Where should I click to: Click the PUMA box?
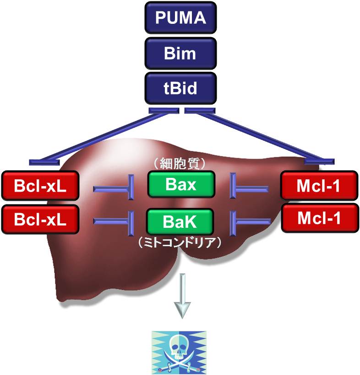tap(180, 19)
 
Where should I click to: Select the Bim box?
tap(180, 53)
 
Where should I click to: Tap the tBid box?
tap(180, 88)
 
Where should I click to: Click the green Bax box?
tap(180, 185)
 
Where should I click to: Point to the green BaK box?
tap(180, 222)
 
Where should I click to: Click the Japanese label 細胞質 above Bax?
tap(180, 163)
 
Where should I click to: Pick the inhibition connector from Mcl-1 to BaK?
tap(250, 221)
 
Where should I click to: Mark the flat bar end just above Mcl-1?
tap(319, 161)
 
